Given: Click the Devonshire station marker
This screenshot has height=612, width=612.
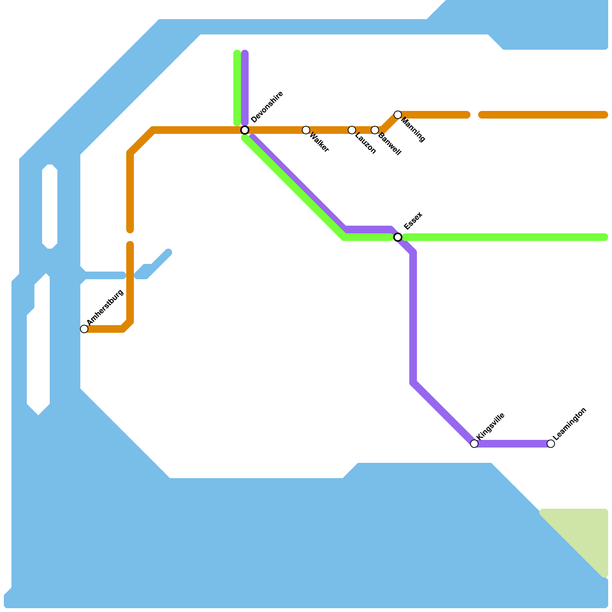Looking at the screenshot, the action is click(245, 130).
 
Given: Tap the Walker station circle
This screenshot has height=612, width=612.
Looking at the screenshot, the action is click(306, 130).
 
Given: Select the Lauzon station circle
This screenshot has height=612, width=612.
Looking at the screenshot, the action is click(352, 130).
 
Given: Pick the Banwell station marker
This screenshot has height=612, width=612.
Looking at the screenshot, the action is click(375, 130).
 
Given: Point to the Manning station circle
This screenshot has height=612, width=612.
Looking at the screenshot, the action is click(398, 115).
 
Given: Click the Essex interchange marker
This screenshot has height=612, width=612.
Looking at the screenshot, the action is click(398, 237).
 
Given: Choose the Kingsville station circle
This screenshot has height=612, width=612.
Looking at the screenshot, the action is click(474, 444).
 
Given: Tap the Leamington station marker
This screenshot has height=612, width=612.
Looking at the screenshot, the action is click(551, 444).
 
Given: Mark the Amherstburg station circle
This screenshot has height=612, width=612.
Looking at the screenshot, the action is click(84, 329).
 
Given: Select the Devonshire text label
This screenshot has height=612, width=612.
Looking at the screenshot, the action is click(267, 107).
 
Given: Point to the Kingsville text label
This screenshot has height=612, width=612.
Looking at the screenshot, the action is click(491, 426).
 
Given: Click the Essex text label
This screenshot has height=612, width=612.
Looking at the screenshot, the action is click(413, 221).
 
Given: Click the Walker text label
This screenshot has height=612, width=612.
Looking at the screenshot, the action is click(319, 142).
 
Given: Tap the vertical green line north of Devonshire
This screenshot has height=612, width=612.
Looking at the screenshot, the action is click(237, 88).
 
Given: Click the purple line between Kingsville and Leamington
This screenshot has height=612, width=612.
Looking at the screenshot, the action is click(513, 444).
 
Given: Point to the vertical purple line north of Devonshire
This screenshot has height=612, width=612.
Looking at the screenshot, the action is click(245, 88).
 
